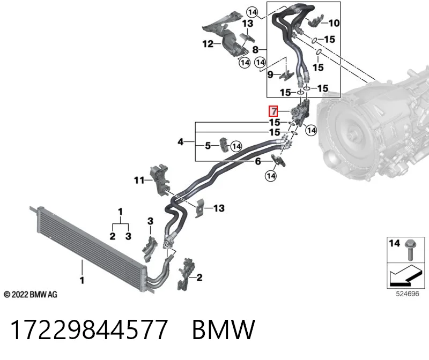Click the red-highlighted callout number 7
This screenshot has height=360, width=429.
coord(273,111)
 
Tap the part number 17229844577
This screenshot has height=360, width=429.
coord(89,329)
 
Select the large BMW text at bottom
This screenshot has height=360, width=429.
coord(224,329)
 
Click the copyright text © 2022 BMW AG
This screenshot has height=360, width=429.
coord(31,295)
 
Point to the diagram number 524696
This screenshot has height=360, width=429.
coord(408,294)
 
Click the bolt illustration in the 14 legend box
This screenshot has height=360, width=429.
coord(410,249)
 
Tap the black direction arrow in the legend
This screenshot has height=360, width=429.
coord(405,275)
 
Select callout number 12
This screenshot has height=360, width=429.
coord(208,44)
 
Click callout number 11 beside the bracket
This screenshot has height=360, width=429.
coord(139,180)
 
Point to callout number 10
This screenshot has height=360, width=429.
coord(334,23)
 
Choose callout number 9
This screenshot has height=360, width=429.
coord(270,74)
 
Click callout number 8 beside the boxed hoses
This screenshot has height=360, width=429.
coord(255,50)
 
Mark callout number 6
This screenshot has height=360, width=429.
coord(258,161)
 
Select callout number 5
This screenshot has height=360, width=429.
coord(208,146)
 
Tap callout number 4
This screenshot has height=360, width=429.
coord(180,142)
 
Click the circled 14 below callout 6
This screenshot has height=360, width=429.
coord(271,176)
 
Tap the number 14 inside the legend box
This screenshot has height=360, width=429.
coord(394,243)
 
